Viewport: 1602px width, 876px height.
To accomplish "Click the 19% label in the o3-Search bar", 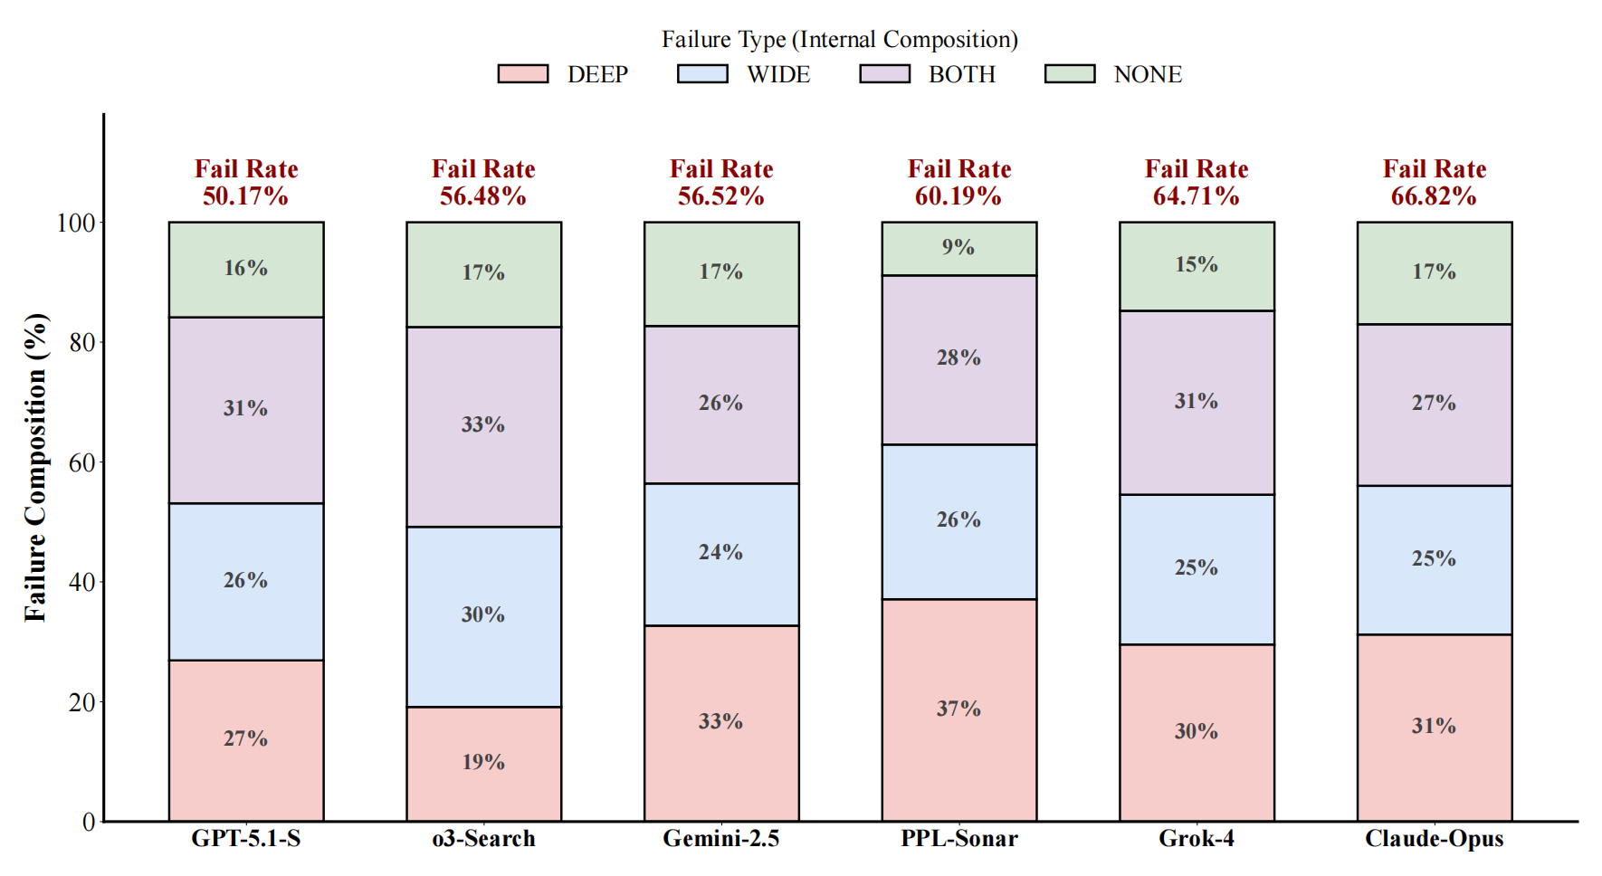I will point(483,762).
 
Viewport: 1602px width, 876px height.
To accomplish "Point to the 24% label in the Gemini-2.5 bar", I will point(720,552).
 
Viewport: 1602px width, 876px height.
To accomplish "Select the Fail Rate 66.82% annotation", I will point(1434,182).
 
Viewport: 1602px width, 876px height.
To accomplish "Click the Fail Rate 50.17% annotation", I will point(245,182).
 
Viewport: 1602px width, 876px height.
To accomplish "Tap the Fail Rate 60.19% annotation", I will point(958,182).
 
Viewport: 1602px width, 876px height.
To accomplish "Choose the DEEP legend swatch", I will point(523,74).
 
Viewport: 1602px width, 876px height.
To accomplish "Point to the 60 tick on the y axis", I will point(82,462).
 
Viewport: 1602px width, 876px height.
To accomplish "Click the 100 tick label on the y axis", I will point(76,223).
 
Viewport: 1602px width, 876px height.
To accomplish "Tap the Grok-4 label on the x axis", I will point(1196,839).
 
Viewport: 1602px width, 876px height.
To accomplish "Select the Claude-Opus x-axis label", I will point(1434,839).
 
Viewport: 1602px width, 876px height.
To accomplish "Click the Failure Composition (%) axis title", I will point(35,467).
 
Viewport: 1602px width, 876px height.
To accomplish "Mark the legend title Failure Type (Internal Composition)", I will point(839,40).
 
